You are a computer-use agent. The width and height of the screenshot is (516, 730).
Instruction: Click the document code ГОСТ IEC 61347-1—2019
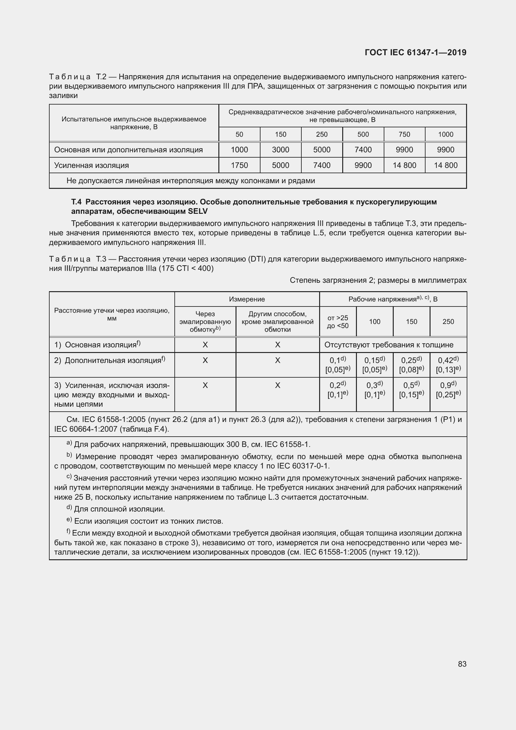click(x=416, y=52)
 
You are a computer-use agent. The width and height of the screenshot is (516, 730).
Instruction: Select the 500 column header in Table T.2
click(x=363, y=135)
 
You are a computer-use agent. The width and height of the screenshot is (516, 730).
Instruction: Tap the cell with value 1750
click(x=239, y=165)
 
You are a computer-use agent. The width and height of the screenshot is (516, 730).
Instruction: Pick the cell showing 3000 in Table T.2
click(x=280, y=150)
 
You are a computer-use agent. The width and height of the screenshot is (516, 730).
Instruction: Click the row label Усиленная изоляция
click(x=91, y=165)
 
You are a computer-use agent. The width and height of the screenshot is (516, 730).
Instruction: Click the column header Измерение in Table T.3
click(x=247, y=299)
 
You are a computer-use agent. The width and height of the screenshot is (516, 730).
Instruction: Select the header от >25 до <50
click(x=338, y=321)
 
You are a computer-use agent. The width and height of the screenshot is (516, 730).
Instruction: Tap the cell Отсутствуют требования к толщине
click(x=389, y=345)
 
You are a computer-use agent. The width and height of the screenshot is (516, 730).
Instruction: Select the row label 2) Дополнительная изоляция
click(x=109, y=360)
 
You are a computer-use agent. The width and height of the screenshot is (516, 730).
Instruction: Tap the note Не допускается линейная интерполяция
click(x=191, y=181)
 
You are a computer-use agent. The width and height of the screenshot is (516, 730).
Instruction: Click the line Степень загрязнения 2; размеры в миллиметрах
click(x=378, y=280)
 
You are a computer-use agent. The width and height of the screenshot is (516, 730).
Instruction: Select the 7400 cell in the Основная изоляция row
click(x=363, y=150)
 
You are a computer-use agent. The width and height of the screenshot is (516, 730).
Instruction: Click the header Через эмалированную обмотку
click(x=205, y=321)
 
